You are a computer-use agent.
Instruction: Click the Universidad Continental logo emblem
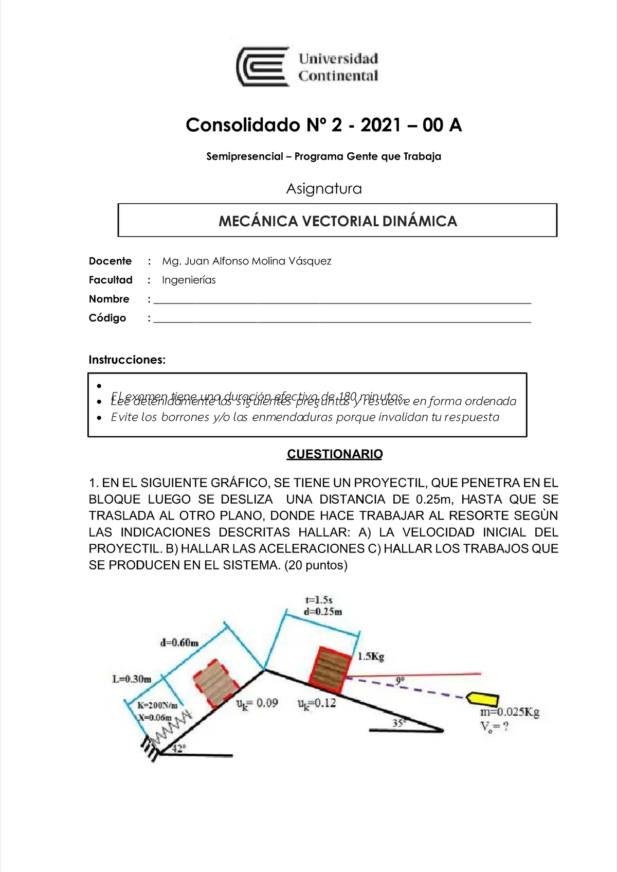[262, 67]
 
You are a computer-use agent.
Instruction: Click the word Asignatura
[323, 189]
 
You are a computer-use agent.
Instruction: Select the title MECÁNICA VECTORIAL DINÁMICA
[337, 221]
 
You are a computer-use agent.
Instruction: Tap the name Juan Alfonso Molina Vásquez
[247, 261]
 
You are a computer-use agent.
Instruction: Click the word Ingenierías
[189, 280]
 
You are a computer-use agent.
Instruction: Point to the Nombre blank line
[342, 301]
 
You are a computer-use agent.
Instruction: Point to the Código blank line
[342, 320]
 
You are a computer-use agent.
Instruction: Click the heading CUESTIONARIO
[334, 454]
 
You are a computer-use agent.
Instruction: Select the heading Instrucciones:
[127, 360]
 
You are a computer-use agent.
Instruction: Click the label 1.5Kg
[371, 656]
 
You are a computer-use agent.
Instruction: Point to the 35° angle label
[399, 722]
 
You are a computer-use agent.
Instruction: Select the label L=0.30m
[132, 679]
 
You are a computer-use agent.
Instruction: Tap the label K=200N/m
[158, 705]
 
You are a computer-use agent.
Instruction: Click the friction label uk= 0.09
[257, 703]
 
